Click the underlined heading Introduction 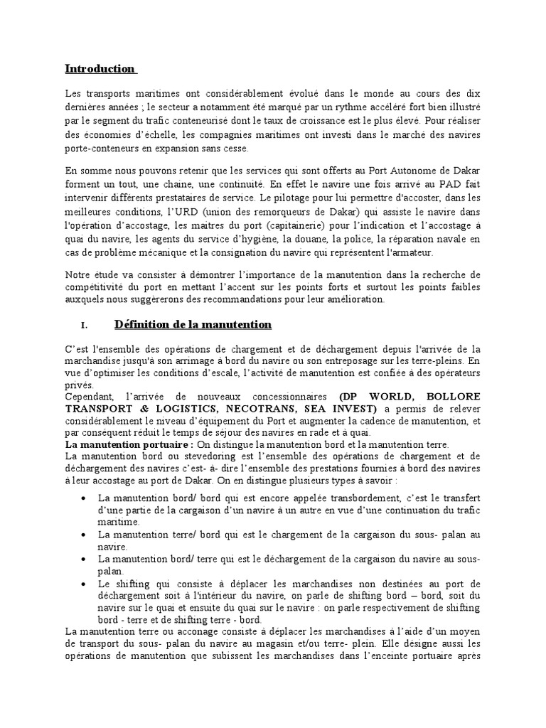click(100, 69)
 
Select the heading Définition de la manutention click(193, 325)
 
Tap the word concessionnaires click(283, 396)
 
